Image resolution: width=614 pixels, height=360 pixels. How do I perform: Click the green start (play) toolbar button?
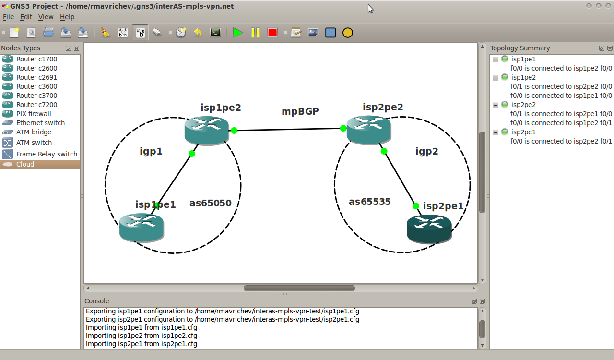click(237, 33)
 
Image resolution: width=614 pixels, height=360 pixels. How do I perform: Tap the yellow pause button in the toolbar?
click(255, 33)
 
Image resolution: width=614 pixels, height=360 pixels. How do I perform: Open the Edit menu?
click(26, 17)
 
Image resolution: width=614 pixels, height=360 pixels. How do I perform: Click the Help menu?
click(67, 17)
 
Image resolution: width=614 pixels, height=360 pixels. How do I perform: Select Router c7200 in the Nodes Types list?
click(37, 105)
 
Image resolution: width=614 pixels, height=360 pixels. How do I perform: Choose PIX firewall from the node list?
click(34, 114)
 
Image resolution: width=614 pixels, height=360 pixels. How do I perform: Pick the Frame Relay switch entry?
click(47, 154)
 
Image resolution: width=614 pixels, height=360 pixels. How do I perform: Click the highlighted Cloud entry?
click(25, 164)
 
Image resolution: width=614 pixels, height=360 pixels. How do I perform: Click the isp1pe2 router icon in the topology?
click(206, 131)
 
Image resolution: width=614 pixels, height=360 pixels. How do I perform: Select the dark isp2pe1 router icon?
click(429, 229)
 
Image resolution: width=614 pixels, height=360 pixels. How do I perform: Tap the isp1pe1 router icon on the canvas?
click(142, 228)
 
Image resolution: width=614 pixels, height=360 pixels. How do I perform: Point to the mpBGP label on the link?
click(300, 111)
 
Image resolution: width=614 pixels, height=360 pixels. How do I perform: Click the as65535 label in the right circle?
click(369, 202)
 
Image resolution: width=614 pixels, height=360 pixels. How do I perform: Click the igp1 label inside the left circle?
click(151, 151)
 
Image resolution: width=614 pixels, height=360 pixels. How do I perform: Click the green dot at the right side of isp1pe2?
click(234, 131)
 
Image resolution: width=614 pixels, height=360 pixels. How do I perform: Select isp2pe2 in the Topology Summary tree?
click(523, 105)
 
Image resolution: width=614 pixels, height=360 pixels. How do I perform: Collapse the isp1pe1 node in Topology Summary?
click(496, 60)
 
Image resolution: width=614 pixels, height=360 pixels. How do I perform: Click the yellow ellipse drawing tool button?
click(348, 33)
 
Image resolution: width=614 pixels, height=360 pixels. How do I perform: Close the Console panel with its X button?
click(482, 301)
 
